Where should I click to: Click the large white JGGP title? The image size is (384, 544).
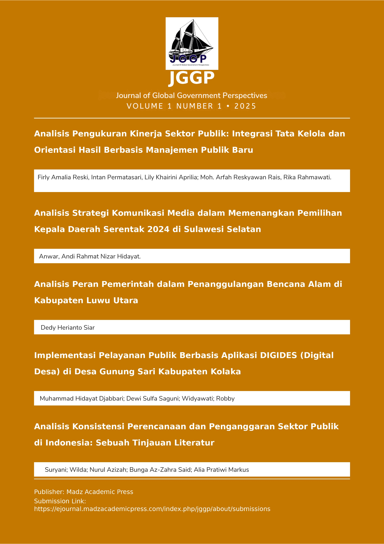click(x=192, y=78)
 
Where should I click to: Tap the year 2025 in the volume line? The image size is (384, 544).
click(x=245, y=106)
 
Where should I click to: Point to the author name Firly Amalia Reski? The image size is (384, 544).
click(x=63, y=177)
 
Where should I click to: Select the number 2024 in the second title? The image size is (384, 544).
click(x=158, y=229)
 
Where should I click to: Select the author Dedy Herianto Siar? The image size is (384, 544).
click(x=68, y=328)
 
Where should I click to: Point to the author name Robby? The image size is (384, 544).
click(x=225, y=398)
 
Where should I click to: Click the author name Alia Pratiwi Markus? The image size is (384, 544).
click(x=221, y=470)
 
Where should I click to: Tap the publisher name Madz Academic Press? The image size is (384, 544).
click(x=100, y=492)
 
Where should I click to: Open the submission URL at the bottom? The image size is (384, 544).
click(x=152, y=509)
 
